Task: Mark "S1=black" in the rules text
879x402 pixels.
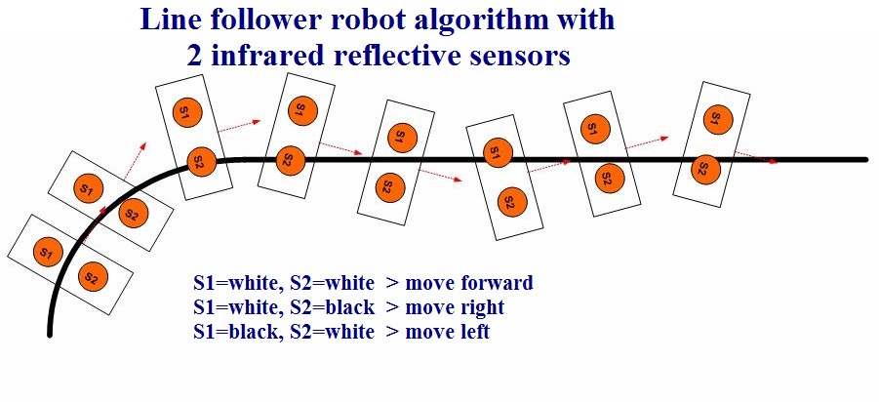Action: pos(234,333)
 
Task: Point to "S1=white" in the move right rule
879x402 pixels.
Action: pos(235,308)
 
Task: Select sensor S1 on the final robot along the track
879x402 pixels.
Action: pos(716,117)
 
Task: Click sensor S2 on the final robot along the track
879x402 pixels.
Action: pos(700,168)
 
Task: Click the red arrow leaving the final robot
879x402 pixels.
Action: pos(757,158)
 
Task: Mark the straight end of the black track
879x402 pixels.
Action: pos(864,159)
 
